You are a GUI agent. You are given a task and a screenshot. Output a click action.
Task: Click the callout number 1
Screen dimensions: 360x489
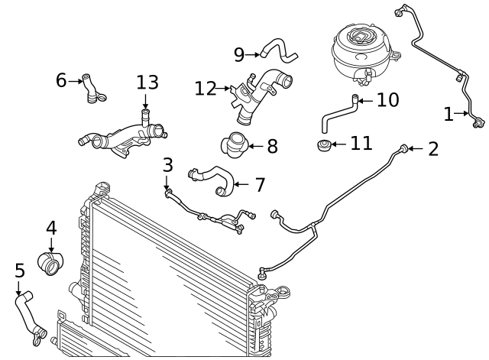(x=449, y=115)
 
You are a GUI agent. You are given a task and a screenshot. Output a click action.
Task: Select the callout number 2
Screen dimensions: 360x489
(x=432, y=148)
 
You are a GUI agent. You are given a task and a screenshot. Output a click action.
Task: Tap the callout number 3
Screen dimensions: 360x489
(x=168, y=164)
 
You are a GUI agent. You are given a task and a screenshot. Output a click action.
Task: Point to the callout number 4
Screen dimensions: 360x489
(x=51, y=227)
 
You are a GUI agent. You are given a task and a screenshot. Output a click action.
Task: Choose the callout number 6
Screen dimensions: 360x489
(x=61, y=79)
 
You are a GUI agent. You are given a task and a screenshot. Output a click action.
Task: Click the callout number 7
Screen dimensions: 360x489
(x=259, y=184)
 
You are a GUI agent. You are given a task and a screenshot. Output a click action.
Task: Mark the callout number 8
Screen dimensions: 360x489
(x=271, y=144)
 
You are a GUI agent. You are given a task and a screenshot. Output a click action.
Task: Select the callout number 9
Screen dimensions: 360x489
(x=239, y=54)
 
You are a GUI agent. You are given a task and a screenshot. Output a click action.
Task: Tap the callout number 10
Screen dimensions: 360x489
(x=387, y=100)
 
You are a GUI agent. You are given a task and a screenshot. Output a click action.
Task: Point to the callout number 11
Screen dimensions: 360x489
(x=361, y=143)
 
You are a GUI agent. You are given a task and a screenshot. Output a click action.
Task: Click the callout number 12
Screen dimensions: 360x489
(x=206, y=89)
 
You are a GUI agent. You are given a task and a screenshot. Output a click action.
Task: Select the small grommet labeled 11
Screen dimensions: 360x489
(x=325, y=144)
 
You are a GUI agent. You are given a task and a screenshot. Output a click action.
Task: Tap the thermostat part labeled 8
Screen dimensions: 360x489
(x=233, y=144)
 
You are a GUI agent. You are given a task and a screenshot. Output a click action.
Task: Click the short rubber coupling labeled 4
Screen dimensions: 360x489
(x=51, y=262)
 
